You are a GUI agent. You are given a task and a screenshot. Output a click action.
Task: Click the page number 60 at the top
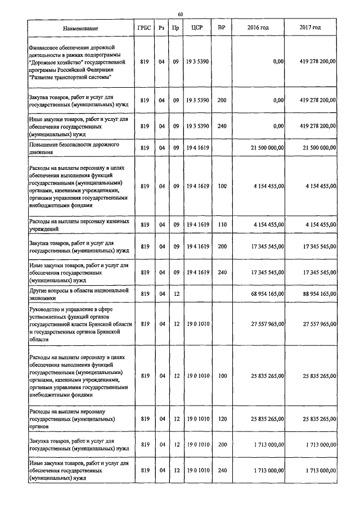pos(180,14)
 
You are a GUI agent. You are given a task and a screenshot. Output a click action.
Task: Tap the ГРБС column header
pos(144,28)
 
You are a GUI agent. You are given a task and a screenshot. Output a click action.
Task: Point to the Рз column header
pos(161,28)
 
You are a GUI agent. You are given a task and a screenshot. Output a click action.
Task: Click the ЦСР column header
pos(197,28)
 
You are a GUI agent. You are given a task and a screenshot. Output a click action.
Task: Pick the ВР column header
pos(222,28)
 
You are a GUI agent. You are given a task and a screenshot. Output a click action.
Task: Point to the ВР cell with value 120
pos(222,418)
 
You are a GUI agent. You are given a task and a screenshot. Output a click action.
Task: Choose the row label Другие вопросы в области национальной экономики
pos(79,294)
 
